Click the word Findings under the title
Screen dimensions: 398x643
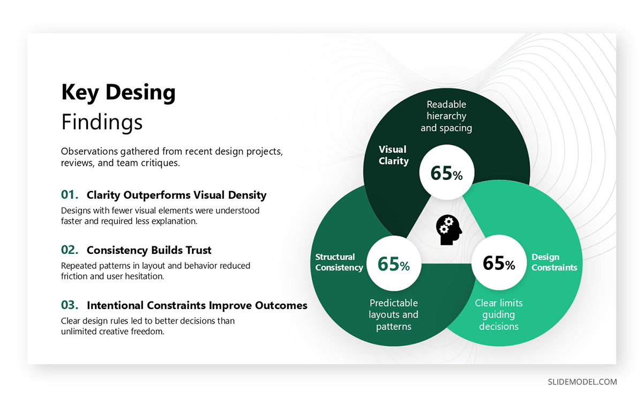point(102,122)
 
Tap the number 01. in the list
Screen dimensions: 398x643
point(70,194)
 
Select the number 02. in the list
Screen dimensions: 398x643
point(70,250)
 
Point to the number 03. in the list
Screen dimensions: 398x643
point(70,305)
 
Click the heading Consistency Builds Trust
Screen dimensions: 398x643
point(149,250)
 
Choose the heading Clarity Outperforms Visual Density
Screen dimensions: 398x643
point(176,195)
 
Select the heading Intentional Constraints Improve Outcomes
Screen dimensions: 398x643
point(197,305)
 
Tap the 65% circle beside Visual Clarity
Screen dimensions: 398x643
point(446,173)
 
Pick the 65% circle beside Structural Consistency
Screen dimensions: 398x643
point(393,264)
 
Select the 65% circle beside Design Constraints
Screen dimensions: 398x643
point(499,263)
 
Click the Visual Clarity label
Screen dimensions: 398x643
point(393,155)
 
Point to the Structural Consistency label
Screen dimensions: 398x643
point(339,262)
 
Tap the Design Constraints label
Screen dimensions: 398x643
point(554,262)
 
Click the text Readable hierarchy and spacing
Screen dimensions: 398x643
point(446,116)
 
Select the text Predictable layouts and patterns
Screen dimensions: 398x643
point(393,314)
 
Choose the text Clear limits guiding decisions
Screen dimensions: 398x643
point(499,314)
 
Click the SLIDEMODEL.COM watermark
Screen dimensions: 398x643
point(582,382)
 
